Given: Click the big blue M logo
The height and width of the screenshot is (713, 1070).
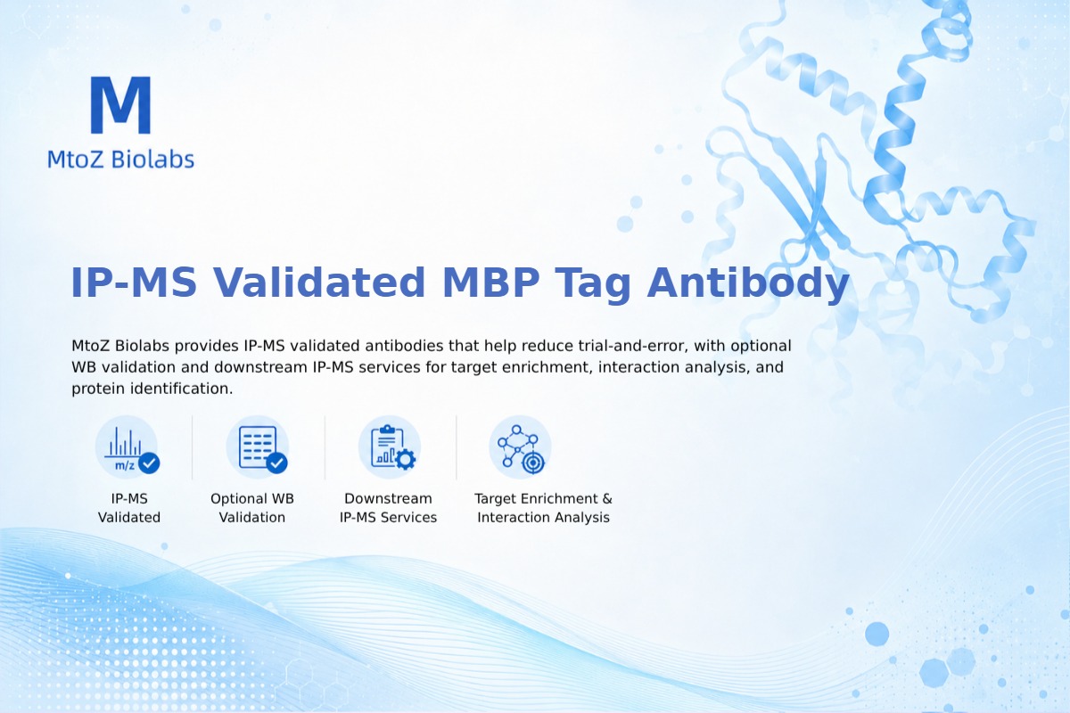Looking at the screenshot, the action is (121, 104).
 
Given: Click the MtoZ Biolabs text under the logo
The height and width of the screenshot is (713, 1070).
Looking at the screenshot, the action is (121, 159).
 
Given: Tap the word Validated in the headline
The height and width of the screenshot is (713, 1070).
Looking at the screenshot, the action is (318, 283).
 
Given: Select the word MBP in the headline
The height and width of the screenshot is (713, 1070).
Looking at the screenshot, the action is (490, 283).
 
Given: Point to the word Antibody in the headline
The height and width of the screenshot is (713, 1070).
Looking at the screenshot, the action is (747, 284).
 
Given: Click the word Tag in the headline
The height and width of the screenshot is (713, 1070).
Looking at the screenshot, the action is (592, 284).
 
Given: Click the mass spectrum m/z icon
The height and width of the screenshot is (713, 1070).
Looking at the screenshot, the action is (127, 447).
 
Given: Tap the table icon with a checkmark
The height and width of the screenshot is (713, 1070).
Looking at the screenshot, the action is (258, 447).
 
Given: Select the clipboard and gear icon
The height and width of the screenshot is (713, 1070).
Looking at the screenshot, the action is (390, 447).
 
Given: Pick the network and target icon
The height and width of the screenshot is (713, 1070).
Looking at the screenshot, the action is (521, 447).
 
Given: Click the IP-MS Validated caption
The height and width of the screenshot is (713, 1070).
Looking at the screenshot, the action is (129, 508).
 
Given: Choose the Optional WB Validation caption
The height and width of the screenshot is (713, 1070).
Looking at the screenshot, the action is (252, 508).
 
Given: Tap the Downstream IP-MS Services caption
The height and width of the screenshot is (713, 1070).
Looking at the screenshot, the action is (389, 508).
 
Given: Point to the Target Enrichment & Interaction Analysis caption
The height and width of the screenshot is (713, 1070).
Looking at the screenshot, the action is (543, 508).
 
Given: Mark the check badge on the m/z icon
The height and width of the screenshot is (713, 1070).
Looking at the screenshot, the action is (149, 463).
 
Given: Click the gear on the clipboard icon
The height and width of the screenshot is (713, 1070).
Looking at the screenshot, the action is (406, 459).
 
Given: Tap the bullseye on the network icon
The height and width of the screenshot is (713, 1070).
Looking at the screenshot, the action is (533, 463).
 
